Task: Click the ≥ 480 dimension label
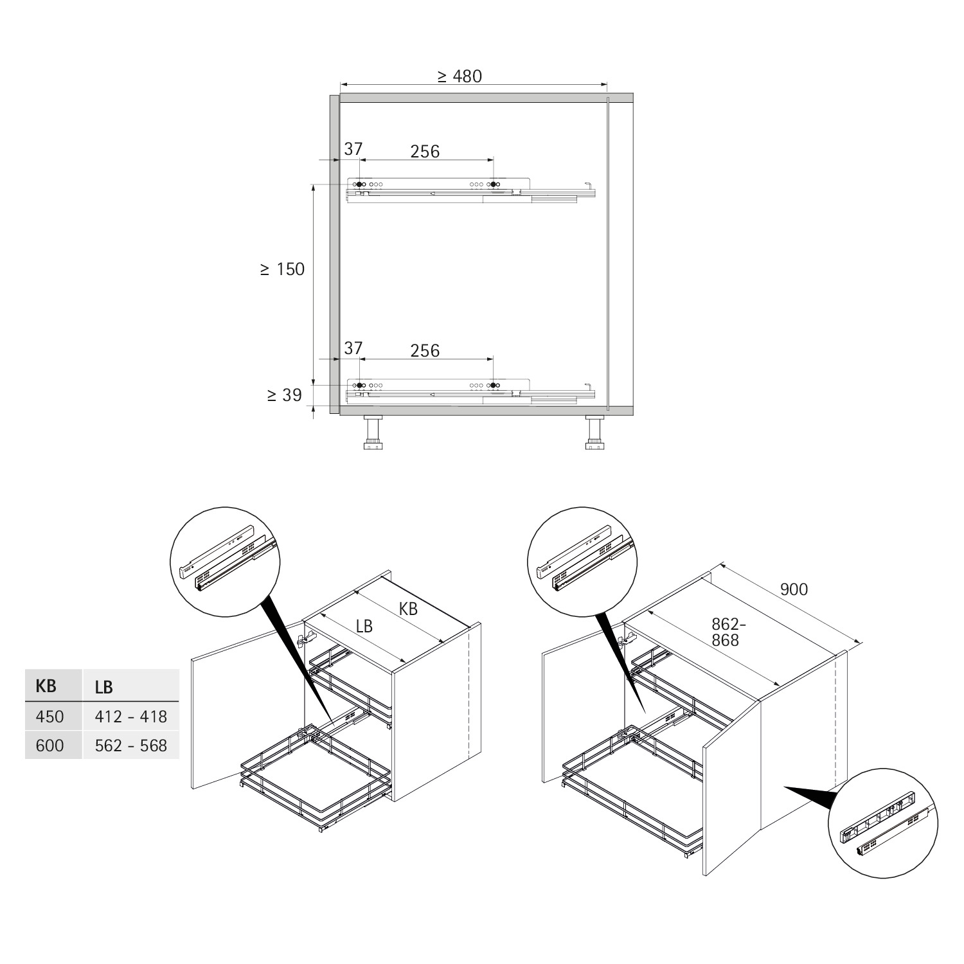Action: click(460, 76)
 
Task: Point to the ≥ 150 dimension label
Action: click(282, 269)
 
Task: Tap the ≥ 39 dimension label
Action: click(284, 395)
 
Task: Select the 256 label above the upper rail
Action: click(425, 151)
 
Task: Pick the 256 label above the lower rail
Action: click(425, 350)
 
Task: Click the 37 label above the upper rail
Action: click(353, 149)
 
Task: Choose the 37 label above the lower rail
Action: click(353, 348)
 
